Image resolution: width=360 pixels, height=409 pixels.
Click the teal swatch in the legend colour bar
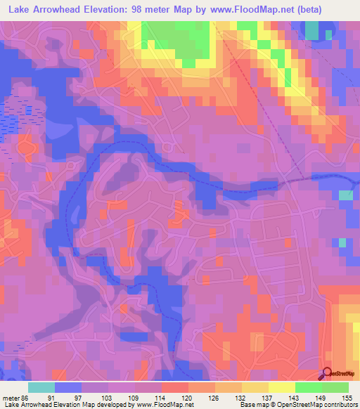pyautogui.click(x=41, y=387)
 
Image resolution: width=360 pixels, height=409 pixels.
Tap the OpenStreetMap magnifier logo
pyautogui.click(x=327, y=373)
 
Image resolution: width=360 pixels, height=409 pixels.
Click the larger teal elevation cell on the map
pyautogui.click(x=345, y=195)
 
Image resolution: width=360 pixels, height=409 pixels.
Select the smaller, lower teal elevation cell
pyautogui.click(x=342, y=242)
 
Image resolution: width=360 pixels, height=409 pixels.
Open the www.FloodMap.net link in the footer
pyautogui.click(x=162, y=405)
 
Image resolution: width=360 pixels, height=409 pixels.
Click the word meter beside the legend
pyautogui.click(x=10, y=398)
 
